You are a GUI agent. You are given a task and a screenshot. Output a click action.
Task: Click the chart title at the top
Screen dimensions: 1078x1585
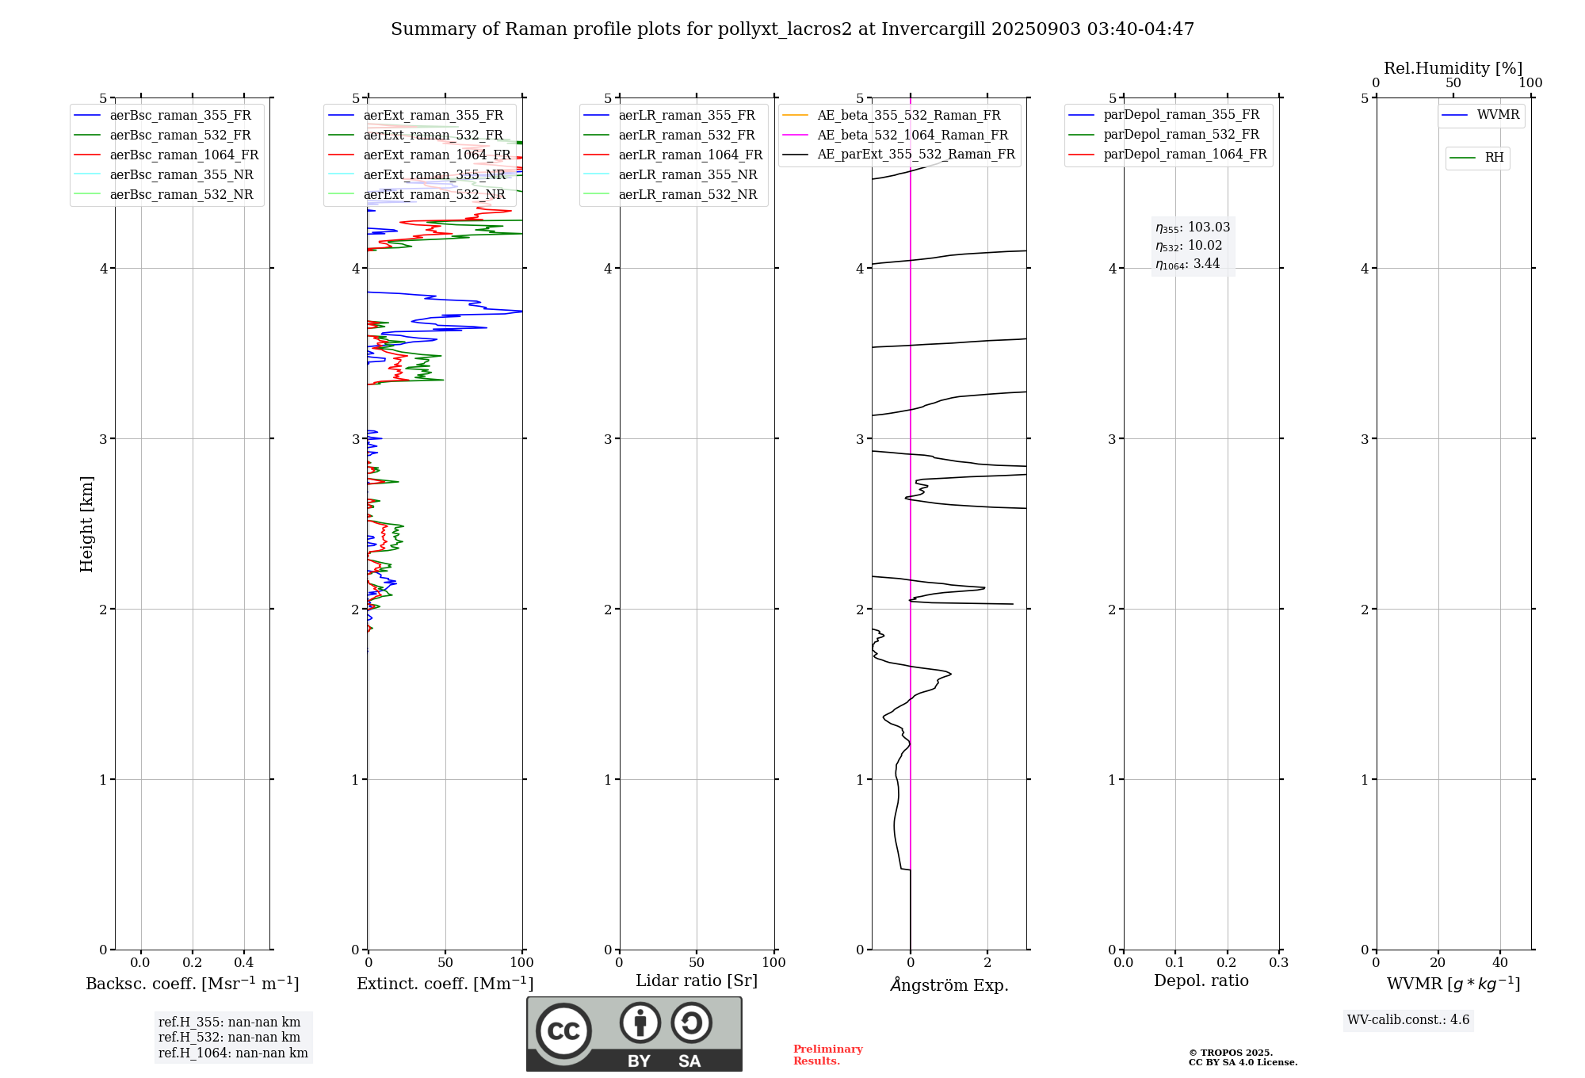tap(792, 29)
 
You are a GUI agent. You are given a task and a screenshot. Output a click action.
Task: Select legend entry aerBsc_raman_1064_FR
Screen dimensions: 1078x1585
tap(184, 155)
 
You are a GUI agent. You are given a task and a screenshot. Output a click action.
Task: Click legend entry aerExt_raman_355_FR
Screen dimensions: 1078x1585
tap(433, 115)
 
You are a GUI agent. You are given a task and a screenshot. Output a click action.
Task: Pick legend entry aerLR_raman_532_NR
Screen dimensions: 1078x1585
tap(687, 194)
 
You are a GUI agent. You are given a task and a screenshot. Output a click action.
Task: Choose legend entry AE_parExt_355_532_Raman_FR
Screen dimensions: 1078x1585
tap(915, 154)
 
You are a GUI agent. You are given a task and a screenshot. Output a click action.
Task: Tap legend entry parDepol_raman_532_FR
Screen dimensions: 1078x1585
tap(1181, 134)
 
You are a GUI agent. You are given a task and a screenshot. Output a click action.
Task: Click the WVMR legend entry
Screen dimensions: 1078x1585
tap(1497, 115)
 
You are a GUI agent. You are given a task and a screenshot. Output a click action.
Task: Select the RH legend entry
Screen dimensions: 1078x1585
tap(1494, 158)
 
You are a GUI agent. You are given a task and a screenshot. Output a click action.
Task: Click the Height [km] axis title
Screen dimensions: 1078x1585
tap(86, 524)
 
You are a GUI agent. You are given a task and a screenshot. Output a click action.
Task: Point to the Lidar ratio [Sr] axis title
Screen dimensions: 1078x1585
tap(696, 981)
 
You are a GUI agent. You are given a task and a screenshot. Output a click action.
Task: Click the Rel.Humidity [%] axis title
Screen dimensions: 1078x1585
tap(1453, 68)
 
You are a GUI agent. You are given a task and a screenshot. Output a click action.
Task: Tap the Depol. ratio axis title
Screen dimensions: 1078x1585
tap(1201, 981)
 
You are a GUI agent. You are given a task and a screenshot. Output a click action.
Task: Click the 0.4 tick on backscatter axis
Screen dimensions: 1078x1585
tap(244, 962)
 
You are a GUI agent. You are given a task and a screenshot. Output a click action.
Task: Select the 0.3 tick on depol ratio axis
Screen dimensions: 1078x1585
tap(1278, 962)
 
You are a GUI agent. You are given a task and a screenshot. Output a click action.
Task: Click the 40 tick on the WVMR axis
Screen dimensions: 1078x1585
tap(1499, 962)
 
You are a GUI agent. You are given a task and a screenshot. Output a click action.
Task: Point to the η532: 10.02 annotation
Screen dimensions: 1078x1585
tap(1189, 246)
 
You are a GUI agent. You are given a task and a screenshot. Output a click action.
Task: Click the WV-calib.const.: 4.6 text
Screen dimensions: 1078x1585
tap(1407, 1019)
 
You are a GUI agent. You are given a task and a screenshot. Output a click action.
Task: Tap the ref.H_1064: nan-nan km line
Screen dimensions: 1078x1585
tap(233, 1053)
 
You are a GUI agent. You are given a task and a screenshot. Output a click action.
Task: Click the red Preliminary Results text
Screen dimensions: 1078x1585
tap(827, 1054)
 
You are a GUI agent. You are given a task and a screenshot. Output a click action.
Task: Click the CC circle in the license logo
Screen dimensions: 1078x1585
tap(563, 1030)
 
